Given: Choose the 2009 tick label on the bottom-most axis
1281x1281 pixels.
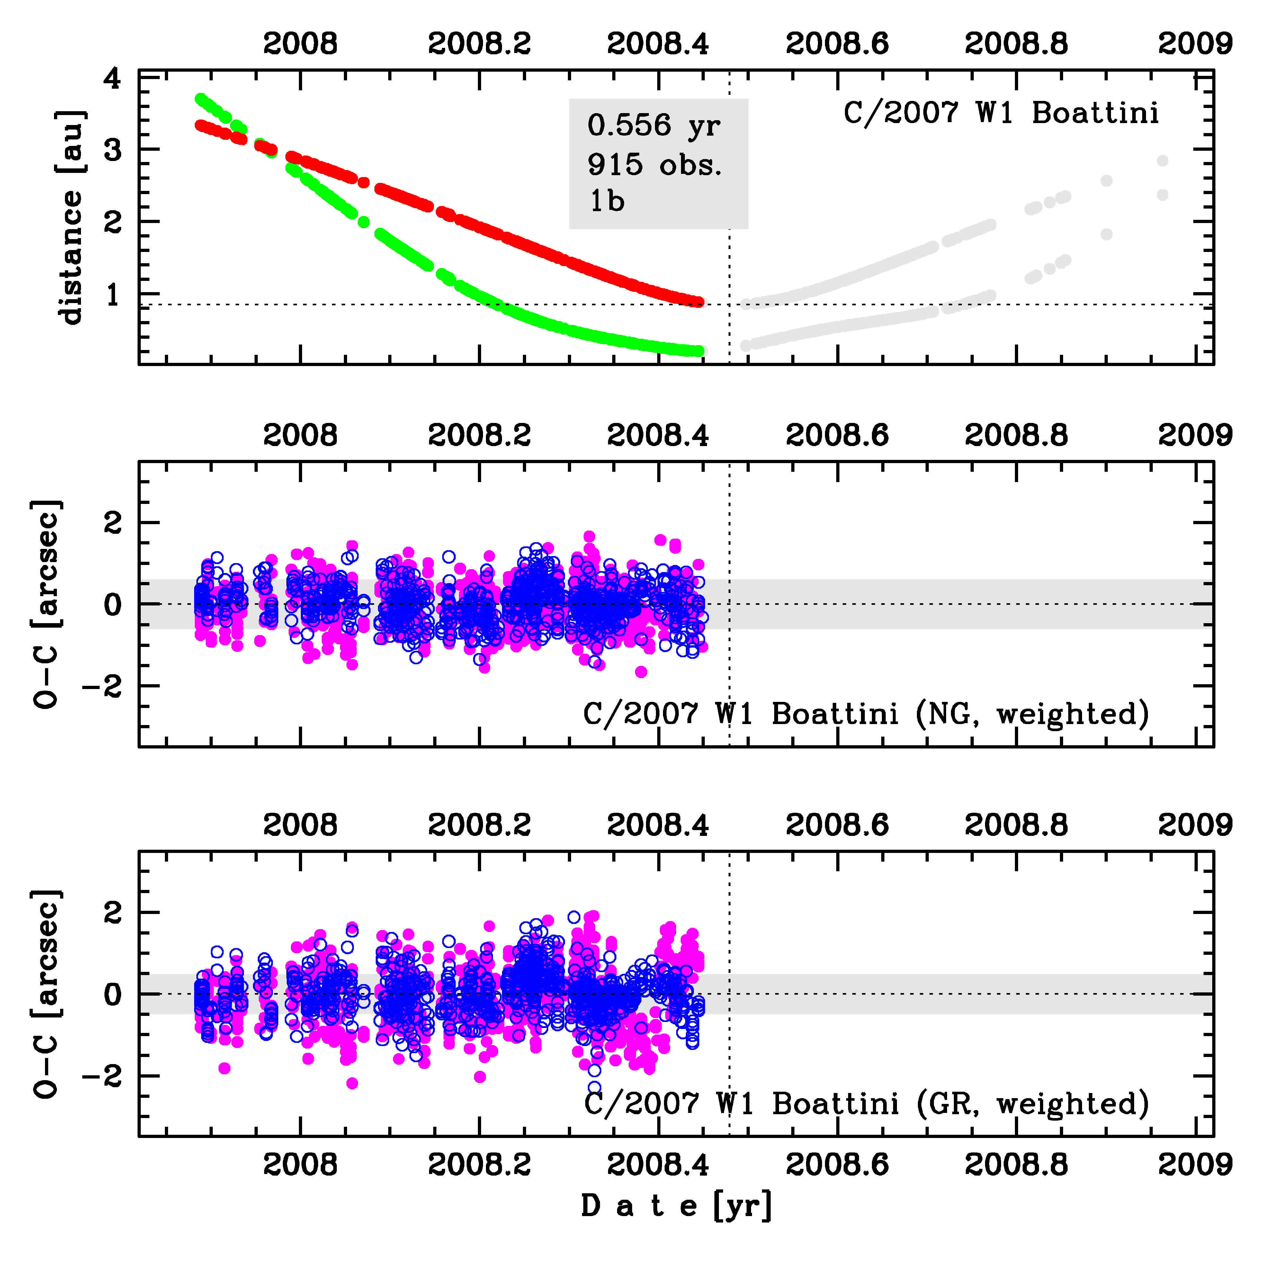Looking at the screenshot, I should pyautogui.click(x=1195, y=1165).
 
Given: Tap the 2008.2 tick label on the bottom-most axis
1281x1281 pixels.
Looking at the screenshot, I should pyautogui.click(x=479, y=1165).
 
